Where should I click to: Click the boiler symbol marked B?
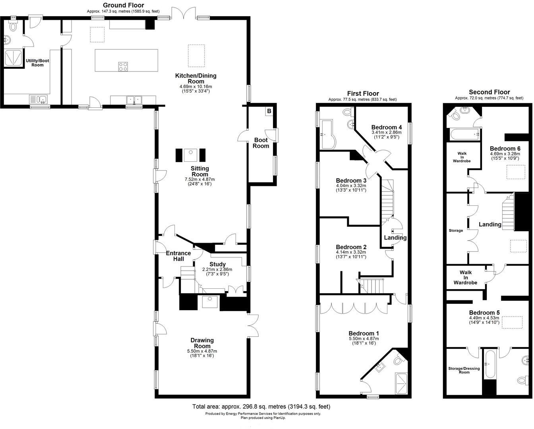[269, 111]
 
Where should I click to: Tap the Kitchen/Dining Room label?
[196, 78]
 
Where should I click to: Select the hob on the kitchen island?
[123, 67]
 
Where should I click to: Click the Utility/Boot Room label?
[37, 63]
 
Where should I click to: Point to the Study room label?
[217, 264]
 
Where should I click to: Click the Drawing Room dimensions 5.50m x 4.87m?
[202, 351]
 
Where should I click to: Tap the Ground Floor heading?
[124, 5]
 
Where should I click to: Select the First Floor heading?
[363, 93]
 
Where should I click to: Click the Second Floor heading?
[489, 92]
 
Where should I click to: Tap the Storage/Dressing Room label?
[464, 370]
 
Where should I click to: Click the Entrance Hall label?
[178, 256]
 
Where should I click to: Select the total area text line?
[261, 406]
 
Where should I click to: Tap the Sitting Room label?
[200, 171]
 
